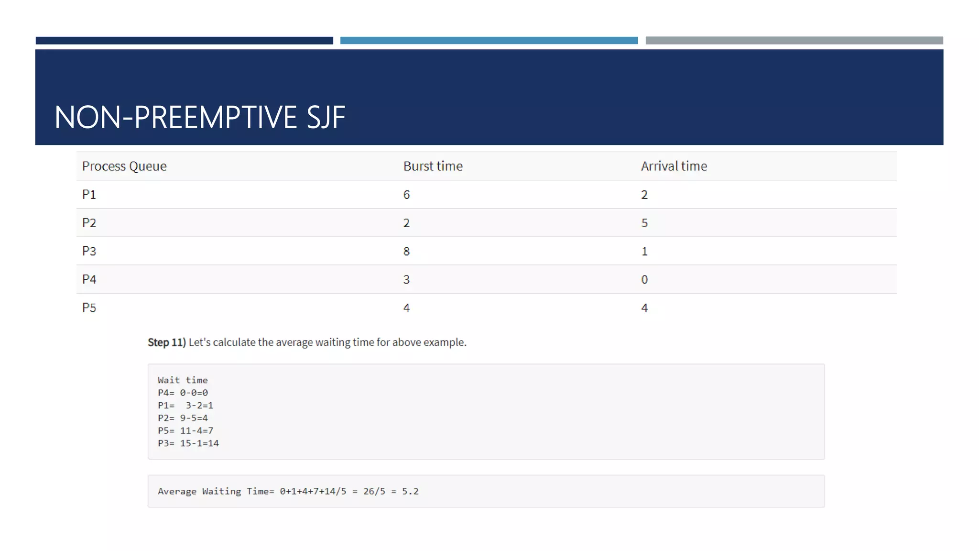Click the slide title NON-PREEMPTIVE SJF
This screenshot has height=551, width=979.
pos(200,117)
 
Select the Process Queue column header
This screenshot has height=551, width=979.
pos(124,166)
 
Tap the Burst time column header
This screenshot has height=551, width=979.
pos(433,166)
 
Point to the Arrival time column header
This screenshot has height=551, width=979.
pos(674,166)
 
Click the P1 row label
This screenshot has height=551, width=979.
pos(89,195)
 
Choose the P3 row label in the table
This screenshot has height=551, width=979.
pos(89,251)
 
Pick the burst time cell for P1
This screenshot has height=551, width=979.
pos(406,195)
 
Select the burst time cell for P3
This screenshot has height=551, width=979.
pos(406,251)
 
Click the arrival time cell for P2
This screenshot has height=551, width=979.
pos(644,223)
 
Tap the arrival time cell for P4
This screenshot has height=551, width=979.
pos(644,279)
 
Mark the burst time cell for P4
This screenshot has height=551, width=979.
pos(406,279)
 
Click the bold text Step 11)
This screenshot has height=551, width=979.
pos(166,342)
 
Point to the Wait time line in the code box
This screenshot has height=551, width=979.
pos(183,380)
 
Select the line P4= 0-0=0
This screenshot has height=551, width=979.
pos(183,393)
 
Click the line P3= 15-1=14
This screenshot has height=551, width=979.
pos(188,443)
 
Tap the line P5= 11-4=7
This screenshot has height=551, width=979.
pos(185,430)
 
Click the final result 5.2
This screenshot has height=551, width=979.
pos(410,491)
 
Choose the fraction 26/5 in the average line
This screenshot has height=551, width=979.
pos(374,491)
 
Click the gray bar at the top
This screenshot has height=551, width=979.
pos(794,41)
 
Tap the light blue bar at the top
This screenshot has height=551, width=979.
pos(489,41)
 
